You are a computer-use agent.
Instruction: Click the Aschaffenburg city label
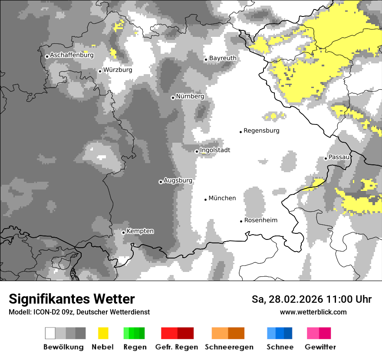point(72,55)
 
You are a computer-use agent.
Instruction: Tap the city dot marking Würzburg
point(100,71)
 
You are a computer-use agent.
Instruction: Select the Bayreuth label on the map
point(223,58)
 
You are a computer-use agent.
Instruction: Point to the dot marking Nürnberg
point(173,98)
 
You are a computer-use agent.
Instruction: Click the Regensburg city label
point(261,131)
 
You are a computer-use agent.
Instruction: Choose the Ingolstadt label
point(215,150)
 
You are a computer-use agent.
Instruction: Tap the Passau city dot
point(326,158)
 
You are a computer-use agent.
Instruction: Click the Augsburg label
point(178,180)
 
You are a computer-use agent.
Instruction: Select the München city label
point(222,198)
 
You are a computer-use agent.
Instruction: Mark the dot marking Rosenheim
point(241,221)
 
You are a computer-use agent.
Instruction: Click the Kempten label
point(140,231)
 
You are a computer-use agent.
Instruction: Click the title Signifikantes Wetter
point(72,299)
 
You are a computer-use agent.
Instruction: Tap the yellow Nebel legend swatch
point(103,333)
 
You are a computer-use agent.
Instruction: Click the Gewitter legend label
point(320,347)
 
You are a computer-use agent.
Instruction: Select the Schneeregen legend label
point(229,347)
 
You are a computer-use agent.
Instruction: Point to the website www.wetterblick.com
point(313,312)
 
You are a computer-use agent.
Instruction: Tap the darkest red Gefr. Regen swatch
point(185,333)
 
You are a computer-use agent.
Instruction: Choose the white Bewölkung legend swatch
point(50,333)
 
